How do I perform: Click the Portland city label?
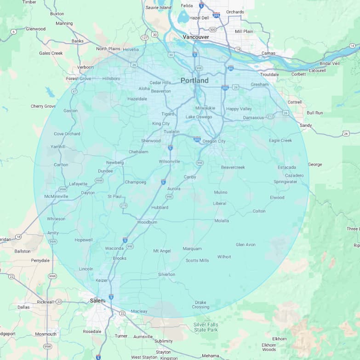(x=194, y=80)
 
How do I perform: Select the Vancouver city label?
(x=195, y=37)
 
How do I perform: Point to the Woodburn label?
(x=147, y=222)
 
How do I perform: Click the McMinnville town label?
(x=56, y=196)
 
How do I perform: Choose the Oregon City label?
(x=214, y=141)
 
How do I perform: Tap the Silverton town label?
(x=166, y=274)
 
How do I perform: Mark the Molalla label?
(x=222, y=221)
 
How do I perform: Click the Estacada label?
(x=286, y=167)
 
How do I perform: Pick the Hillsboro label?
(x=111, y=79)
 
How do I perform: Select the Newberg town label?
(x=115, y=163)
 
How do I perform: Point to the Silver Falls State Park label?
(x=206, y=327)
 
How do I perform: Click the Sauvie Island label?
(x=158, y=7)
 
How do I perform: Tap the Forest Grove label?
(x=79, y=79)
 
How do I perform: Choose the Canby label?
(x=190, y=177)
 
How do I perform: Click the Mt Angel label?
(x=162, y=251)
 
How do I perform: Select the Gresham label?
(x=259, y=85)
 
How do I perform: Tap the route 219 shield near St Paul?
(x=123, y=206)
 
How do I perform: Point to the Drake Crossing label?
(x=200, y=304)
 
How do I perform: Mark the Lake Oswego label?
(x=199, y=117)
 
